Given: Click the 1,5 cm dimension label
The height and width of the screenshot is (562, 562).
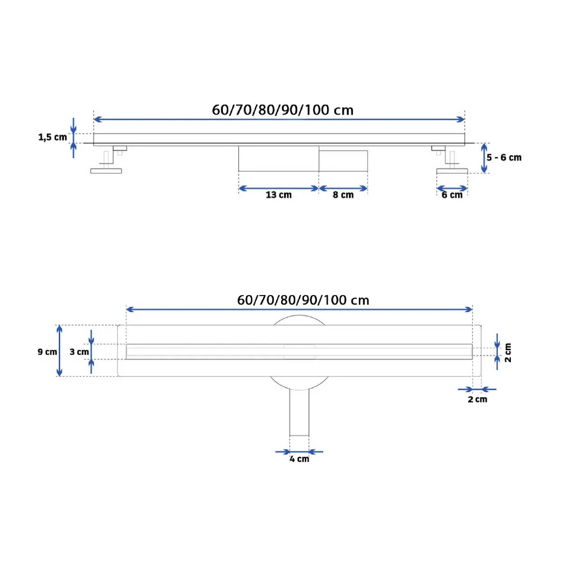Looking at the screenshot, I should pyautogui.click(x=53, y=137).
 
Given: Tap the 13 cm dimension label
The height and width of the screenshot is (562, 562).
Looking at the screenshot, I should pyautogui.click(x=278, y=195).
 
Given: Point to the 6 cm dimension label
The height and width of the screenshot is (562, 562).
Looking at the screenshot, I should pyautogui.click(x=452, y=195).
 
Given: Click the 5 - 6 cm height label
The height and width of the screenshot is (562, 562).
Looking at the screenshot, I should pyautogui.click(x=504, y=158).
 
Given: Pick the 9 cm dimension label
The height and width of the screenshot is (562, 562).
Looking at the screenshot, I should pyautogui.click(x=47, y=352).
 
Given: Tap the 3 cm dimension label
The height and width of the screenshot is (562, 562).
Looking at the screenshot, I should pyautogui.click(x=79, y=352).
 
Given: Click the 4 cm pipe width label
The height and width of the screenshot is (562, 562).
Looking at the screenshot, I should pyautogui.click(x=299, y=459).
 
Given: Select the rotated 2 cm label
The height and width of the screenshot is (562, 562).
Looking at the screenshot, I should pyautogui.click(x=508, y=353).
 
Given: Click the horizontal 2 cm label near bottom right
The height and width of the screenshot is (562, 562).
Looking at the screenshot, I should pyautogui.click(x=477, y=399).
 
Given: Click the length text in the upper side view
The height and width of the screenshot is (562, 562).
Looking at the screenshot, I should pyautogui.click(x=282, y=110).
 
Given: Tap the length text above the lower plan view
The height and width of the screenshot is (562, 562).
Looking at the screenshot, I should pyautogui.click(x=303, y=300).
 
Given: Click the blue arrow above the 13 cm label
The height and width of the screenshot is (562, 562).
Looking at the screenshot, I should pyautogui.click(x=278, y=189).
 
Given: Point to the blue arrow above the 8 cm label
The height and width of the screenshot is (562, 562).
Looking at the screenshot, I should pyautogui.click(x=343, y=189).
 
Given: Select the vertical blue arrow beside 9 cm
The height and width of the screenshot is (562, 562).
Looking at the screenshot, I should pyautogui.click(x=59, y=350).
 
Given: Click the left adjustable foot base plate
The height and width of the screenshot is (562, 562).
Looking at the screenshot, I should pyautogui.click(x=106, y=171).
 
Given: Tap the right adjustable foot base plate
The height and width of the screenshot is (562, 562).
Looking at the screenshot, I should pyautogui.click(x=452, y=171).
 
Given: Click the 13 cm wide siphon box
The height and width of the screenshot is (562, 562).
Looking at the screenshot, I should pyautogui.click(x=278, y=158).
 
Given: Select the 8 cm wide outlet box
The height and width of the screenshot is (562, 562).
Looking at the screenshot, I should pyautogui.click(x=343, y=160).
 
